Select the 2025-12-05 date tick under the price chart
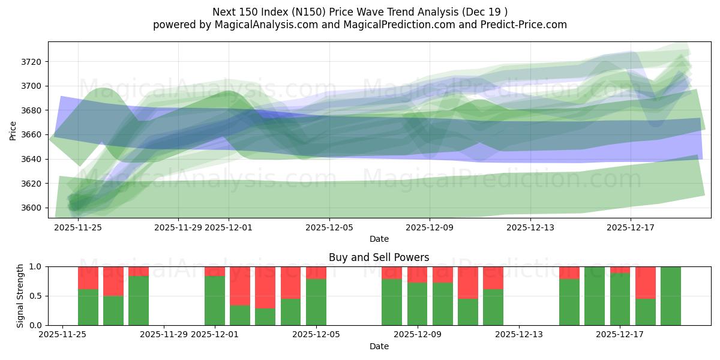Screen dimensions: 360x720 (329, 227)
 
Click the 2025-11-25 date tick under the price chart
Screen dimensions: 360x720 (78, 227)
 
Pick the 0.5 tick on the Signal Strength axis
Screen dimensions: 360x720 (35, 296)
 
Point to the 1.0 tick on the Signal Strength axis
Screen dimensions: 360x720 (35, 266)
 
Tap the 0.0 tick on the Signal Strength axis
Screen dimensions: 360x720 (35, 325)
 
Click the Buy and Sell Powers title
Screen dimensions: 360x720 (379, 257)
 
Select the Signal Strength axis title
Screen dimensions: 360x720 (20, 295)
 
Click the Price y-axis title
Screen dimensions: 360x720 (13, 130)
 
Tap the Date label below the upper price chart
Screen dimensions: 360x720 (379, 239)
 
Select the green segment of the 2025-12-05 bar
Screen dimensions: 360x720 (316, 302)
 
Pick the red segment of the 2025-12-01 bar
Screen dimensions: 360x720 (215, 271)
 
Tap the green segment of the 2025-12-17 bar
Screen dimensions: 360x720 (620, 299)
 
